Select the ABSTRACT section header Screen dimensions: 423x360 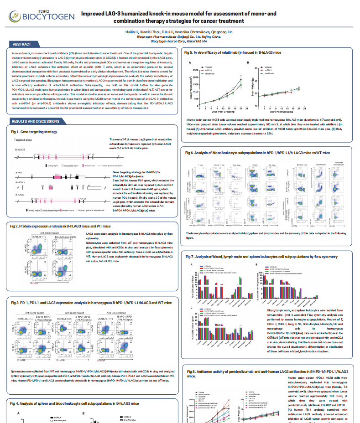22,44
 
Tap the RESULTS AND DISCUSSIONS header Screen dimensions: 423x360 35,121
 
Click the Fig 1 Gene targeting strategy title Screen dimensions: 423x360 34,132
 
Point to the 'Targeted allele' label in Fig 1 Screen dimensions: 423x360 23,140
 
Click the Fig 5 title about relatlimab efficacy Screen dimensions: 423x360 233,53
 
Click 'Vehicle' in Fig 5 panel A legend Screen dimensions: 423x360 209,67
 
